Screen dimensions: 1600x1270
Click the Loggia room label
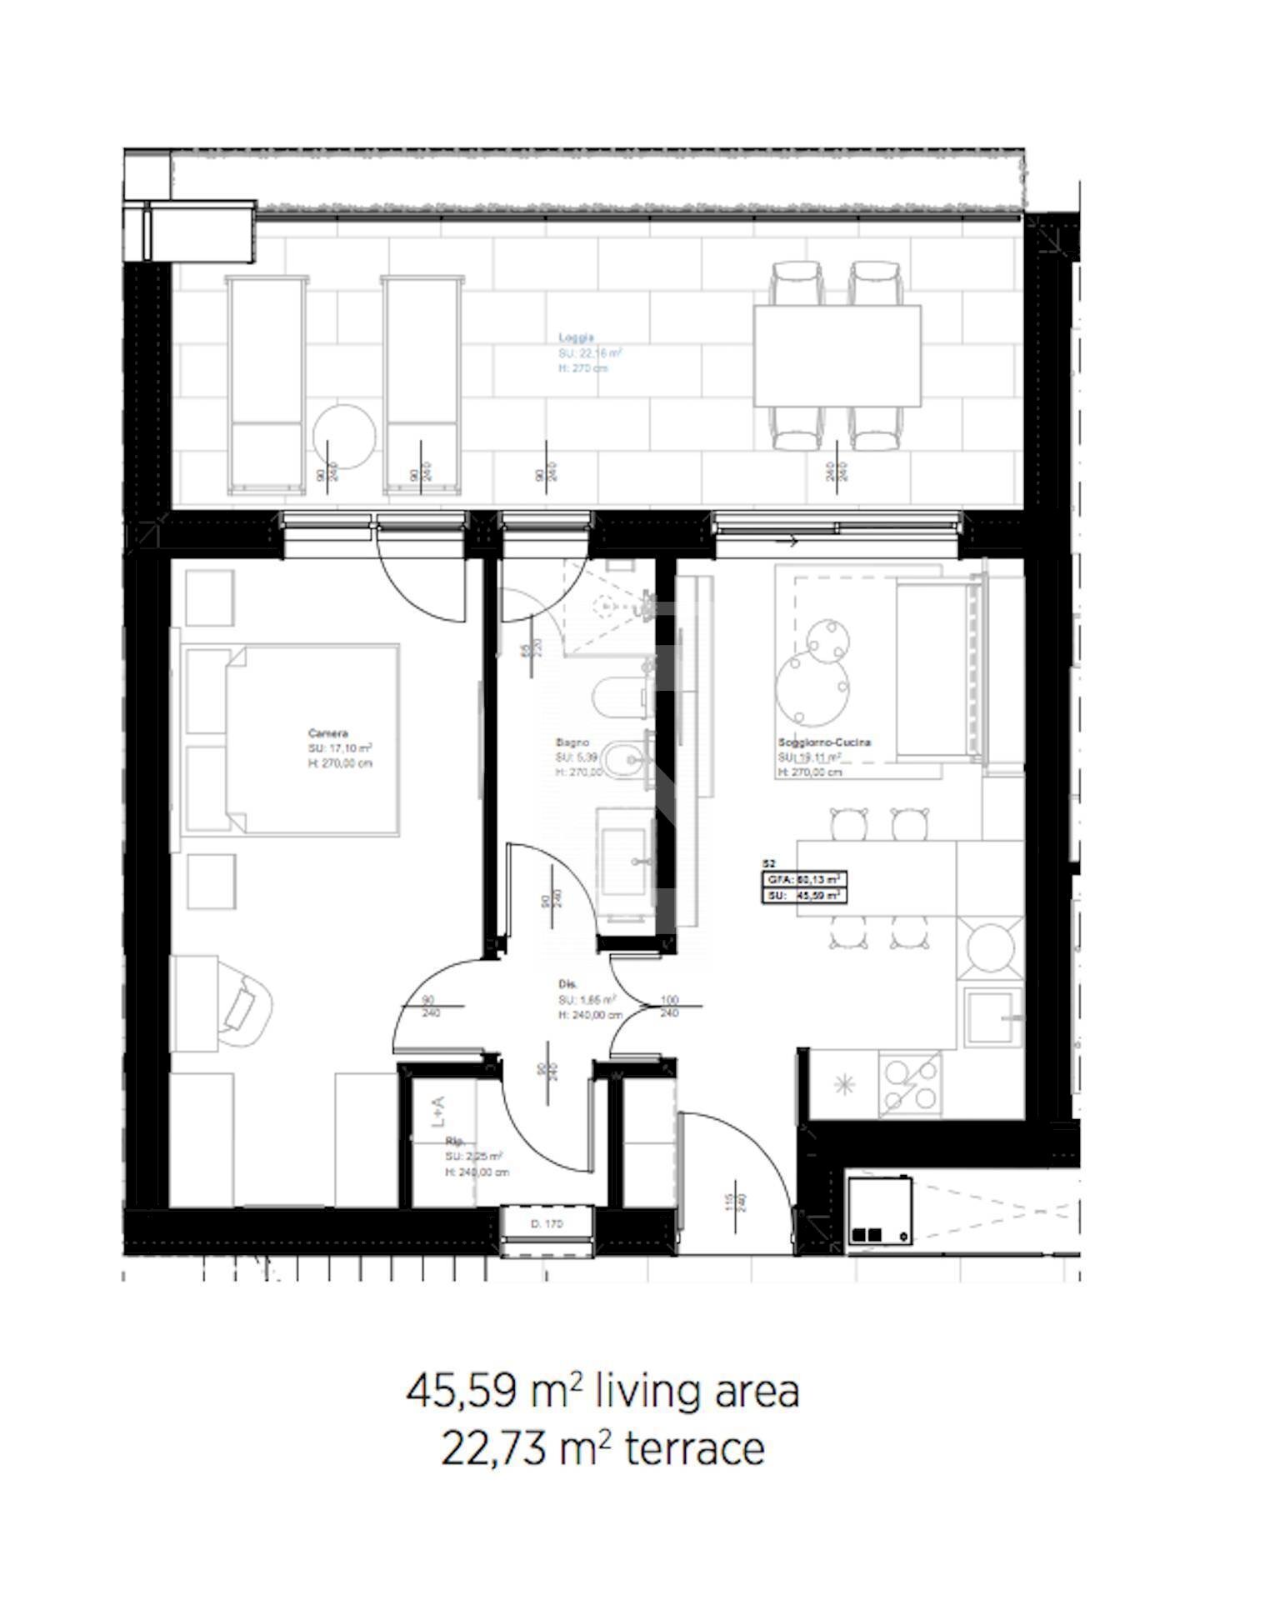coord(576,337)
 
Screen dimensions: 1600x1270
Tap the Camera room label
coord(327,733)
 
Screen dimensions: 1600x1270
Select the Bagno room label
coord(572,742)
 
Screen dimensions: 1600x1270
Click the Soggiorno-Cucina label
coord(824,742)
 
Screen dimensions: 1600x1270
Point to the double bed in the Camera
coord(312,739)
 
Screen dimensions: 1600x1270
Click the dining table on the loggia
coord(837,356)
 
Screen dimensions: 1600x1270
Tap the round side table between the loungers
coord(343,436)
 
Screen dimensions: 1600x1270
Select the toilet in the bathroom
coord(618,697)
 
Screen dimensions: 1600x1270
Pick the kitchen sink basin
coord(991,1017)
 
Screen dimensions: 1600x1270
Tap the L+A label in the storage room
coord(438,1111)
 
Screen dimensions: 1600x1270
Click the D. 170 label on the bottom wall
coord(547,1224)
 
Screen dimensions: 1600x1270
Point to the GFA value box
coord(802,879)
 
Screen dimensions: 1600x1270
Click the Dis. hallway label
coord(567,983)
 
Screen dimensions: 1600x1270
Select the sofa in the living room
coord(937,671)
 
